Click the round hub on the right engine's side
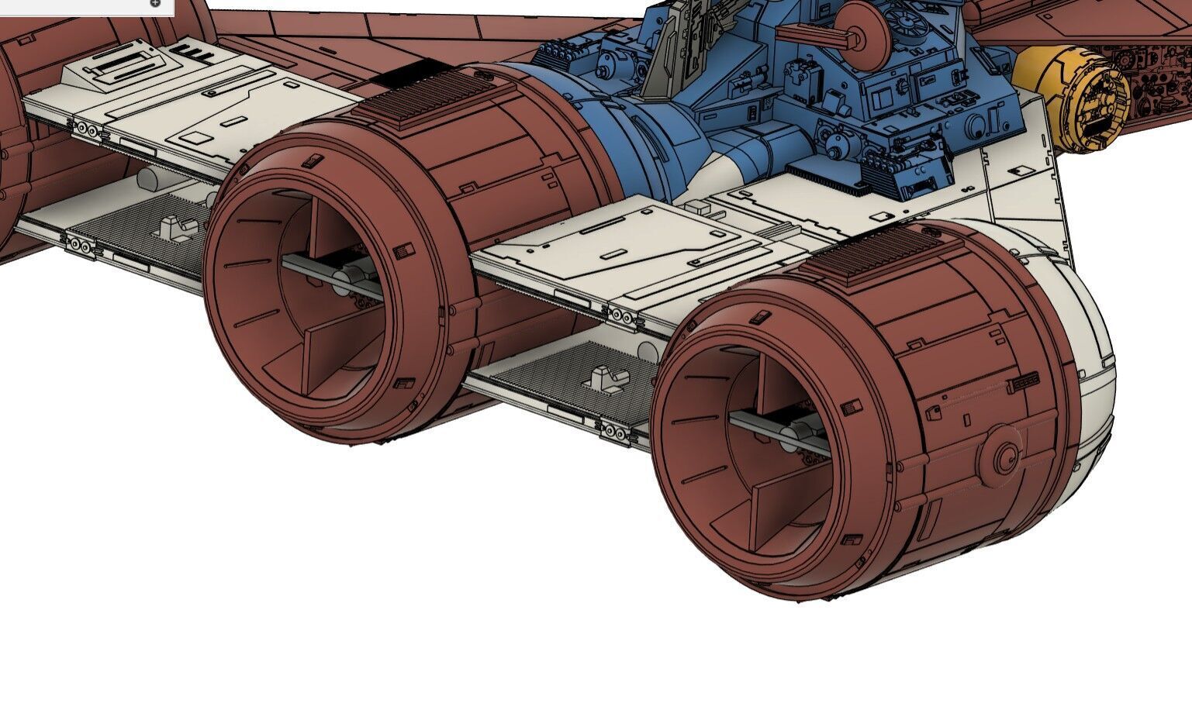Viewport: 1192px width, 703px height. click(x=1005, y=457)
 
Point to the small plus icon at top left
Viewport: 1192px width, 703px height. click(x=155, y=3)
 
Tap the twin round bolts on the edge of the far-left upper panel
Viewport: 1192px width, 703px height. click(x=88, y=130)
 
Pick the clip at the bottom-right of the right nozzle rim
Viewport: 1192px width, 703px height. click(x=851, y=539)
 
